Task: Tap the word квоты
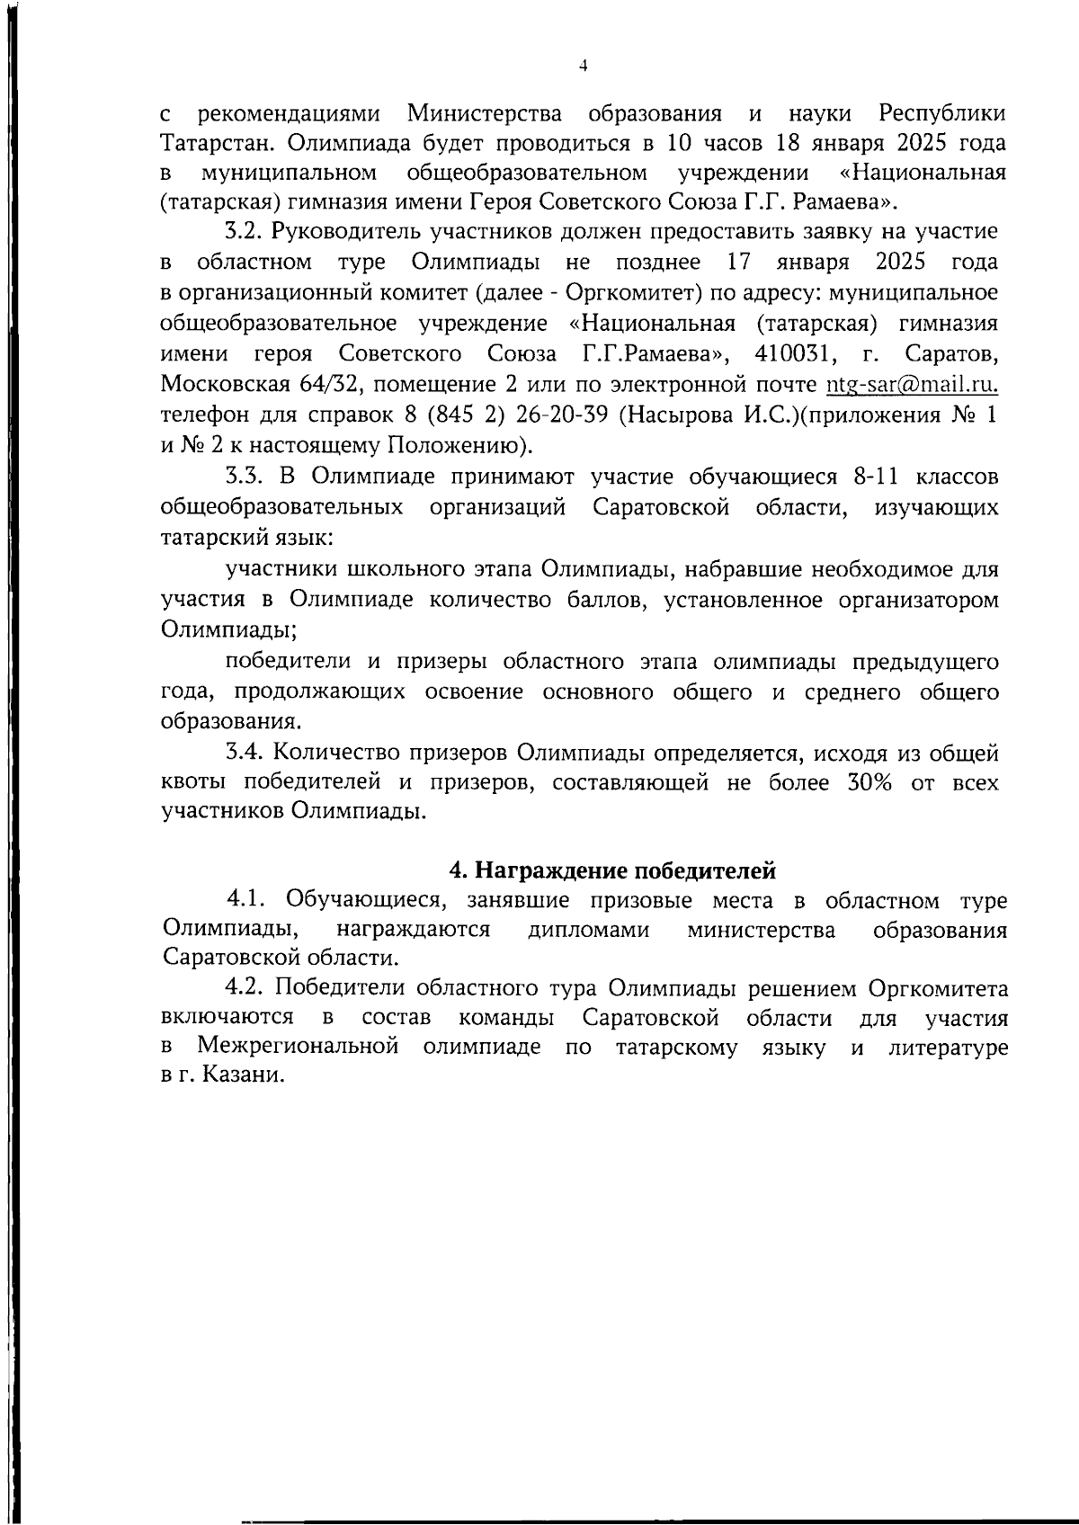tap(192, 782)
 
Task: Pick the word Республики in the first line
tap(942, 114)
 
